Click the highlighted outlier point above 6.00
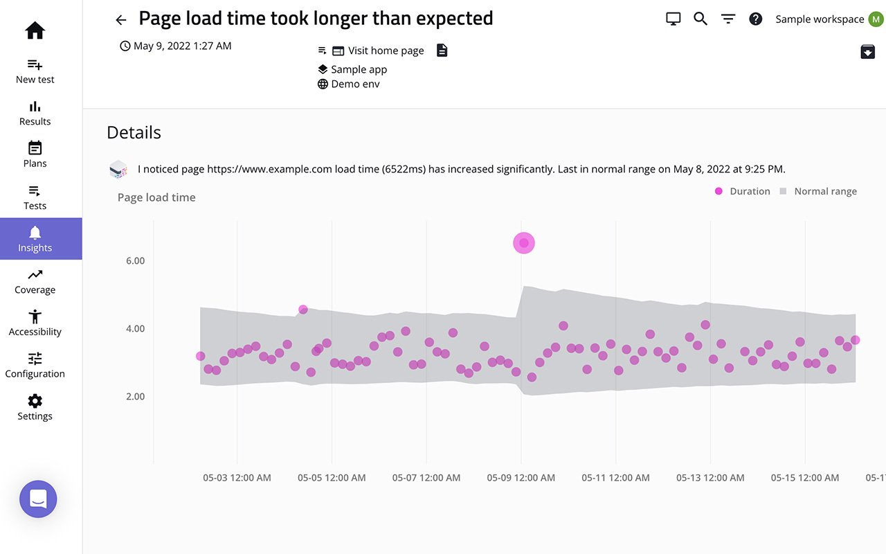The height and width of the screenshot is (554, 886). (524, 243)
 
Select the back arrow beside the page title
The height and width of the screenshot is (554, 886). (121, 20)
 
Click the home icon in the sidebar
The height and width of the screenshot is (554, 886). (35, 30)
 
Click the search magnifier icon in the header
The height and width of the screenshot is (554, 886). (700, 19)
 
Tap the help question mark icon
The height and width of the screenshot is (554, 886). (756, 19)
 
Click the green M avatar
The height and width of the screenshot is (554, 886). (876, 19)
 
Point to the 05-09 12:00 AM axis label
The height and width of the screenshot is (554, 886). (521, 478)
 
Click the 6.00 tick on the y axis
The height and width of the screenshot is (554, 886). (135, 261)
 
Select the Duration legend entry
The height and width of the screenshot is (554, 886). (743, 192)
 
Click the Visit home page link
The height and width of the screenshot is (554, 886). (386, 51)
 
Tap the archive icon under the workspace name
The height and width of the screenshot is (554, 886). (867, 51)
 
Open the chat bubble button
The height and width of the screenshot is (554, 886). (38, 499)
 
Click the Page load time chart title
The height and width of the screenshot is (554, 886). (156, 197)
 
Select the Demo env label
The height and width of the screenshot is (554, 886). (355, 84)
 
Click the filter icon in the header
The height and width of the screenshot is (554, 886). (728, 19)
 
